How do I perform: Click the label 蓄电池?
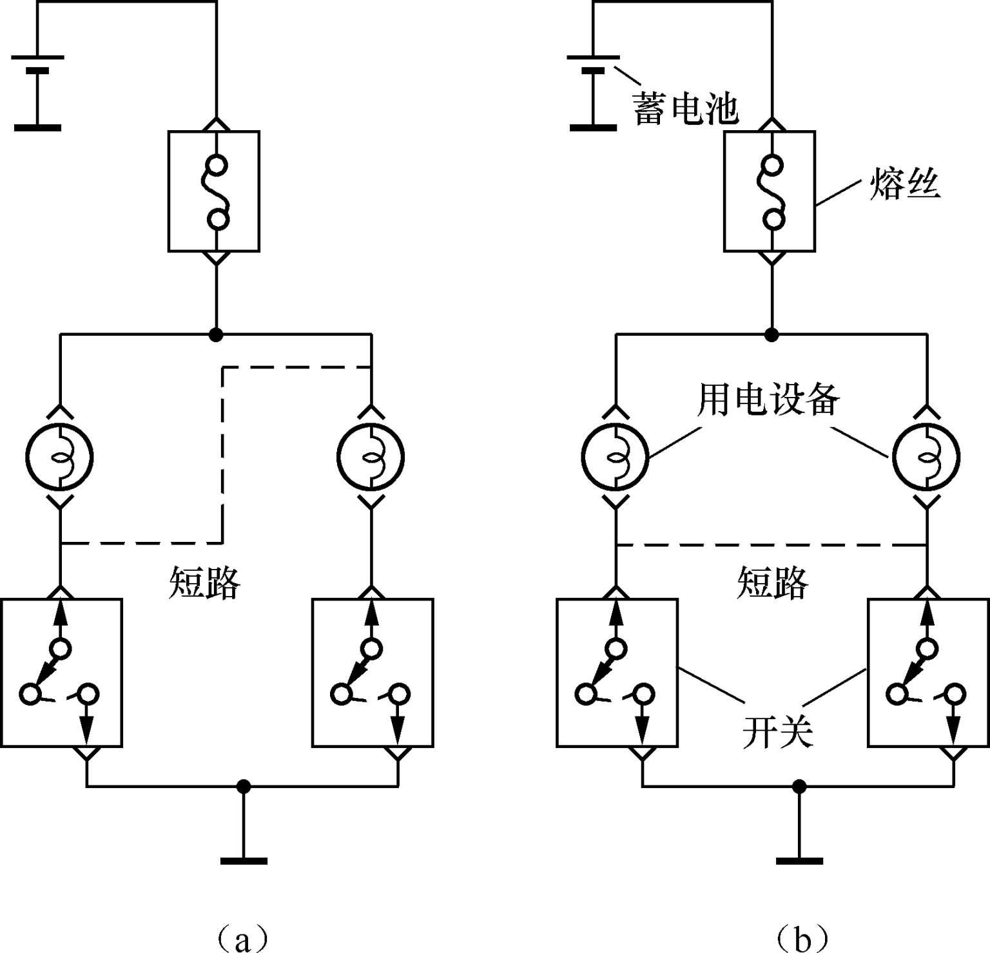(x=685, y=108)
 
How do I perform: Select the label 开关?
(x=778, y=732)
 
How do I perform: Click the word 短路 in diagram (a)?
(x=204, y=583)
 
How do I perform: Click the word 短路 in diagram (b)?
(x=772, y=583)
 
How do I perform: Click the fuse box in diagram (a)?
(x=214, y=191)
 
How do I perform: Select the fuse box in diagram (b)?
(x=770, y=191)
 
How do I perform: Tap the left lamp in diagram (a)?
(x=60, y=457)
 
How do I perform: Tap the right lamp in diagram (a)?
(x=371, y=457)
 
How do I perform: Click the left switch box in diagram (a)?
(x=61, y=673)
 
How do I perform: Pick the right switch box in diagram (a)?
(x=373, y=673)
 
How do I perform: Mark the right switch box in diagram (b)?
(x=929, y=673)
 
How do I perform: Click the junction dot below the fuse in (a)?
(x=216, y=334)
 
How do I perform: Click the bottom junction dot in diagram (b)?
(x=799, y=786)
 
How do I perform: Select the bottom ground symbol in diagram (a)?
(x=244, y=860)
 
